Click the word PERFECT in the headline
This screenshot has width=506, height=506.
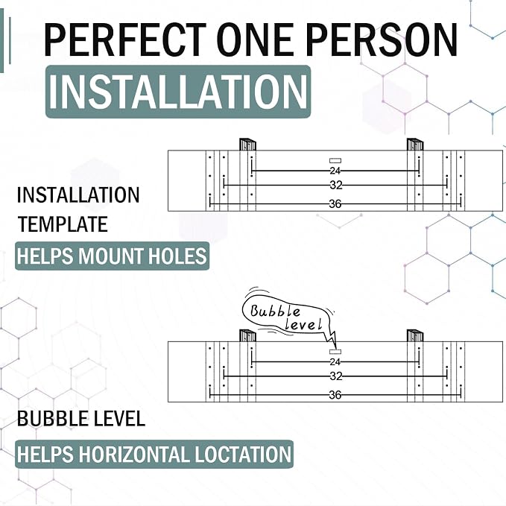click(125, 39)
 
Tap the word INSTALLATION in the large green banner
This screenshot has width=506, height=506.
click(178, 92)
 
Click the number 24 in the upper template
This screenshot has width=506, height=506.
click(335, 171)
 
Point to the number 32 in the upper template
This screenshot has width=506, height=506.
click(336, 186)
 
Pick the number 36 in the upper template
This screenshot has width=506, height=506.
click(335, 204)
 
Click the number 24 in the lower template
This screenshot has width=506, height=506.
click(335, 361)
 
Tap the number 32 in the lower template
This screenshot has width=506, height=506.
click(336, 376)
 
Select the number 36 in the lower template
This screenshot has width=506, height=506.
click(335, 395)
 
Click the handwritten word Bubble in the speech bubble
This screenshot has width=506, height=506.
click(275, 311)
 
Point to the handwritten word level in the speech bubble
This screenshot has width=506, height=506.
click(304, 323)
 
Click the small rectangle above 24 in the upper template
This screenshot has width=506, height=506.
click(335, 160)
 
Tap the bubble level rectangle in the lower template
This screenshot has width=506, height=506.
click(335, 352)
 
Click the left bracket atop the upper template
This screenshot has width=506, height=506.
click(247, 145)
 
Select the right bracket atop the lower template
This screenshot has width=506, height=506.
click(415, 335)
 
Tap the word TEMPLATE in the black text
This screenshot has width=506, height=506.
click(63, 224)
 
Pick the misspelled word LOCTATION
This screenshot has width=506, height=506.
click(243, 455)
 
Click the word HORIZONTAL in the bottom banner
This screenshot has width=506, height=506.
click(134, 455)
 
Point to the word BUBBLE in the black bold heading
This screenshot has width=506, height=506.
click(48, 419)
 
